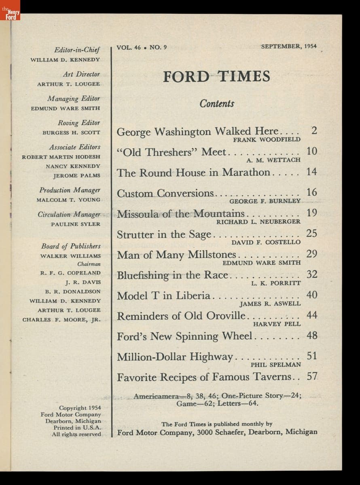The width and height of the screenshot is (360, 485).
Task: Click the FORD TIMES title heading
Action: coord(216,76)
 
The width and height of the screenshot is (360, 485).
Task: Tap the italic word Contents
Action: coord(217,104)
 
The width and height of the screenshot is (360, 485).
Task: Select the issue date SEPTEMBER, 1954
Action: coord(289,46)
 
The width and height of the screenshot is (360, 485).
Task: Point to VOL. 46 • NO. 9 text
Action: coord(142,47)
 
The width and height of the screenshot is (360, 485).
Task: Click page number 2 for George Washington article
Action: coord(314,131)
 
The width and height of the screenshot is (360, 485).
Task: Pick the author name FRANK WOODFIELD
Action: coord(267,139)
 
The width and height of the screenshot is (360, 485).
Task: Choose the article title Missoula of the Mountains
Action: coord(181,213)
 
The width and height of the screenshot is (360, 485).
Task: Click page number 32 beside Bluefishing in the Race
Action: coord(312,274)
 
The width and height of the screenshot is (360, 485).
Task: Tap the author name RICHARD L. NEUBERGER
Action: coord(258,221)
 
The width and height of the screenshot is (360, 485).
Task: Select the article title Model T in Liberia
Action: coord(163,295)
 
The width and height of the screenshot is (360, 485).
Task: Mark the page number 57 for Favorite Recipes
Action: coord(312,377)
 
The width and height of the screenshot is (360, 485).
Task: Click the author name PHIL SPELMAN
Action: coord(276,365)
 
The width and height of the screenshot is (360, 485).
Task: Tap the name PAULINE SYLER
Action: coord(76,224)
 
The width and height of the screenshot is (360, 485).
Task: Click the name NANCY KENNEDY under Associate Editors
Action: coord(73,166)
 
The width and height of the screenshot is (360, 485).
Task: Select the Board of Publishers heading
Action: coord(71,246)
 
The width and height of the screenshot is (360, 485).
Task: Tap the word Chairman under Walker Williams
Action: coord(89,264)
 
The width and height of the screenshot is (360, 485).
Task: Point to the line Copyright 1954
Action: coord(80,408)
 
